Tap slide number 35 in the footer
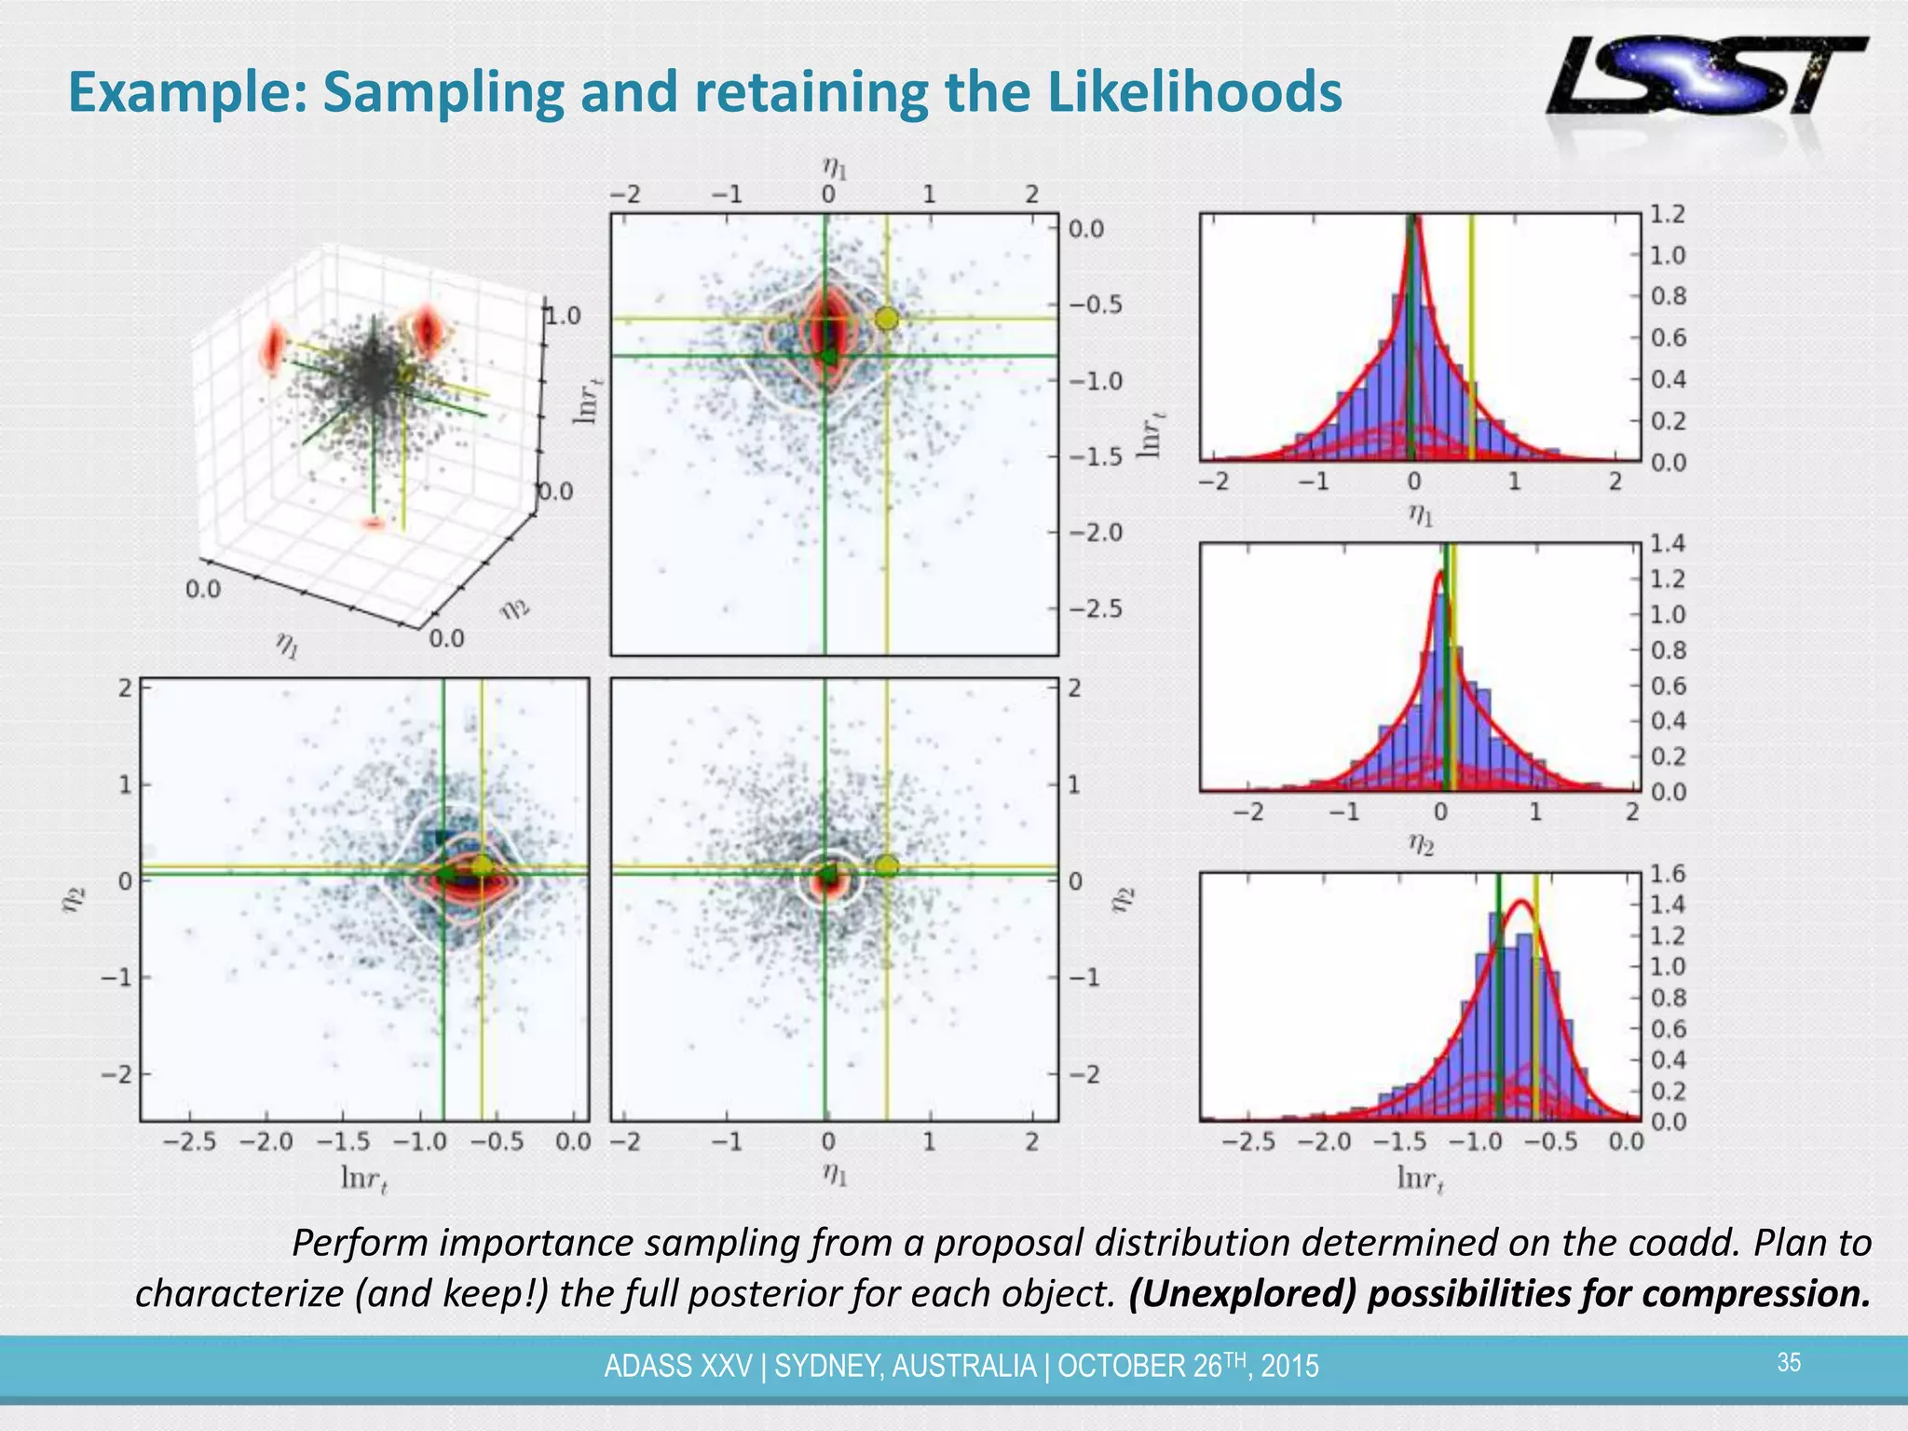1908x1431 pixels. pyautogui.click(x=1789, y=1362)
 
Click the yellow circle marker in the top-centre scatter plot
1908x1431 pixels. pyautogui.click(x=887, y=319)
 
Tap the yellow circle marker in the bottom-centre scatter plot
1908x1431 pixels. pyautogui.click(x=887, y=865)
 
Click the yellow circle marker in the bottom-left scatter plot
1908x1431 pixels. pyautogui.click(x=482, y=866)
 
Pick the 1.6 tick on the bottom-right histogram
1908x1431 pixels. pyautogui.click(x=1668, y=873)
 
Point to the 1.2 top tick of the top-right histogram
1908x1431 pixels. pyautogui.click(x=1668, y=214)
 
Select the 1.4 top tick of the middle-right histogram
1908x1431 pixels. pyautogui.click(x=1668, y=543)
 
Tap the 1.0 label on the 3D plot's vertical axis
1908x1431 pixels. pyautogui.click(x=562, y=316)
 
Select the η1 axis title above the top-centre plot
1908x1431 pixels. pyautogui.click(x=834, y=168)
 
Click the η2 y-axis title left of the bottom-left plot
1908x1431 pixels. pyautogui.click(x=75, y=900)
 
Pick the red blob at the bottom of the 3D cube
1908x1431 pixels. pyautogui.click(x=374, y=524)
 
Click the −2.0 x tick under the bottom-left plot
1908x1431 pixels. pyautogui.click(x=266, y=1141)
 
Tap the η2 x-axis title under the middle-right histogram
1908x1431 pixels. pyautogui.click(x=1420, y=844)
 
